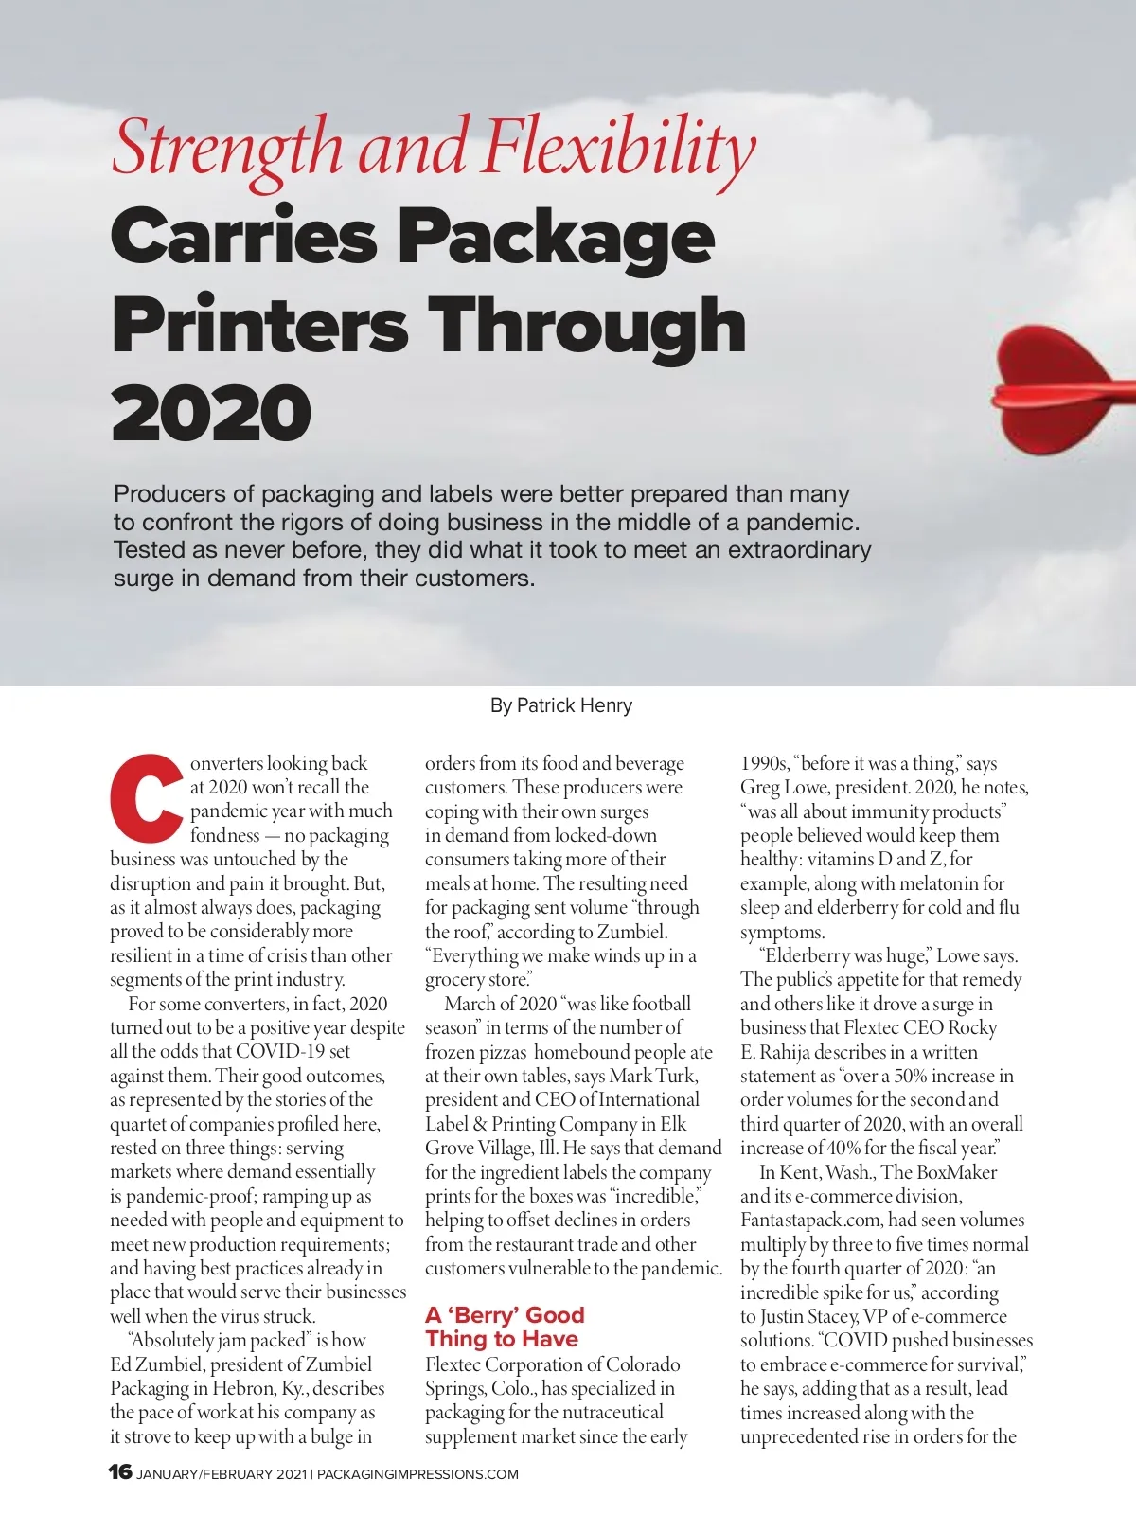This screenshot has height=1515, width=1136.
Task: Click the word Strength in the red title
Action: click(228, 149)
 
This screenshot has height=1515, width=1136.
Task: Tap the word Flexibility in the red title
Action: click(619, 149)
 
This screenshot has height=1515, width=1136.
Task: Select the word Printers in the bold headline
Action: click(258, 325)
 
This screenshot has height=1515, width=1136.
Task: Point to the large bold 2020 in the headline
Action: click(210, 413)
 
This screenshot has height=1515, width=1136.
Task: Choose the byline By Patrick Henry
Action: click(561, 705)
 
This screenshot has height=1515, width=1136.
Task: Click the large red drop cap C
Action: click(146, 798)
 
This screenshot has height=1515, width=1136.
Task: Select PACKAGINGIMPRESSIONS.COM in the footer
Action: click(417, 1474)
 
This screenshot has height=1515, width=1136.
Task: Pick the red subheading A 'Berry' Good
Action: click(505, 1314)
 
